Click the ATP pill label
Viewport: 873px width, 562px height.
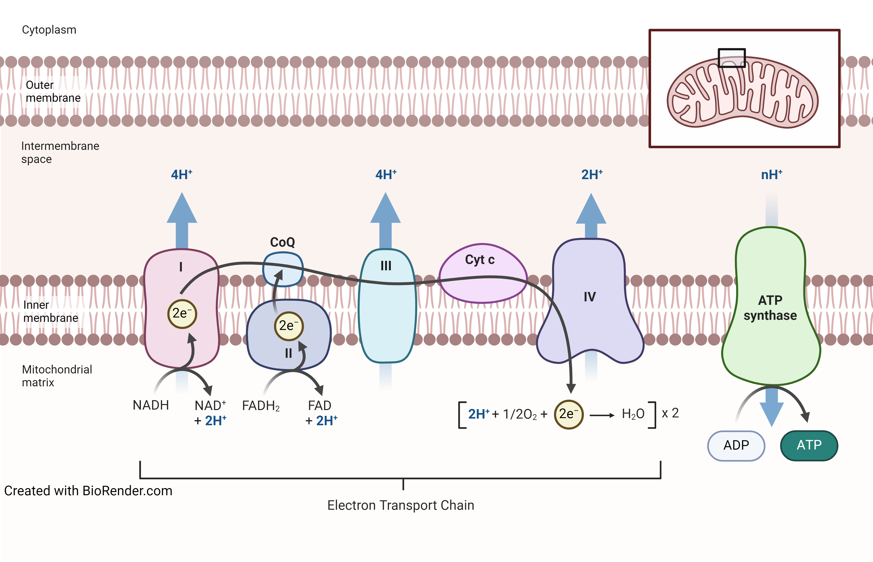pos(809,445)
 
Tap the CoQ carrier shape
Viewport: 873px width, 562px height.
pos(283,269)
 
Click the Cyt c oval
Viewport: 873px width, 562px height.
pos(483,273)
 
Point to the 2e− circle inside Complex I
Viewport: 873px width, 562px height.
pos(182,314)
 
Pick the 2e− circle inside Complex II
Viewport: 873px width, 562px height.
pos(289,326)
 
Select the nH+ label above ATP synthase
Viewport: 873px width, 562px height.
pos(772,175)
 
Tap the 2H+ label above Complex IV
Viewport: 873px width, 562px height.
pos(592,175)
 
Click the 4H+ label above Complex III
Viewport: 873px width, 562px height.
pos(386,175)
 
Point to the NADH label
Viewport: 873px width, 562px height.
pos(151,405)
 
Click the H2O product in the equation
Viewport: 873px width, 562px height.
pos(633,414)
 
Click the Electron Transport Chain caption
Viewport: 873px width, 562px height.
pos(401,505)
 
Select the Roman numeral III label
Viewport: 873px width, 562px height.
pos(386,266)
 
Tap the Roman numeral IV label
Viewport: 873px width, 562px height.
pos(590,297)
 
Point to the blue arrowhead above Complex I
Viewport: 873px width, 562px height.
pos(182,208)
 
